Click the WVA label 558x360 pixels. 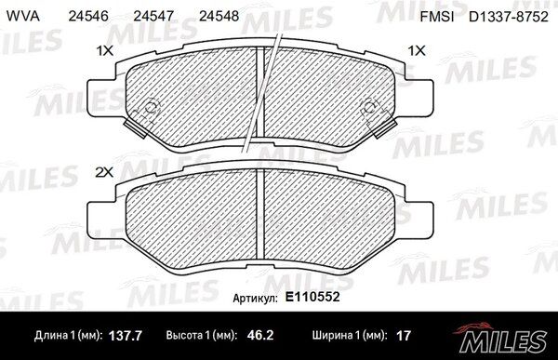23,16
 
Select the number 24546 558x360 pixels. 88,16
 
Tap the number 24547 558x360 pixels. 153,16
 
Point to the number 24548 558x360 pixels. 219,16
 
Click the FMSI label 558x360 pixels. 437,17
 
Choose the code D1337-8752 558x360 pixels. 508,17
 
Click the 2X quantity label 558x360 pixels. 104,172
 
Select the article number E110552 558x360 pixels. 312,297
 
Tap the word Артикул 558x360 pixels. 255,299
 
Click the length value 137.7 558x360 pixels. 125,336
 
